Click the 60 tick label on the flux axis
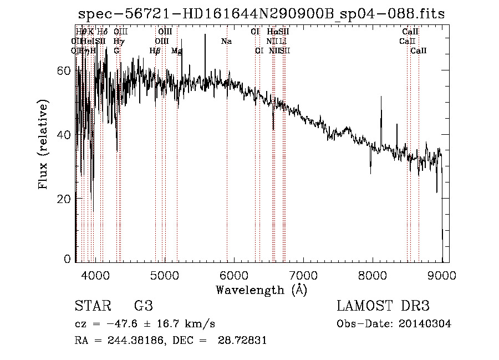tap(65, 71)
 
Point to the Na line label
tap(226, 42)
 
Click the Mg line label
tap(177, 51)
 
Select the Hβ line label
tap(155, 51)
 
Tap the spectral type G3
tap(143, 306)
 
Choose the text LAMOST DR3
tap(383, 306)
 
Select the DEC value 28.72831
tap(242, 341)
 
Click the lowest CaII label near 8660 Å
tap(419, 51)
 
